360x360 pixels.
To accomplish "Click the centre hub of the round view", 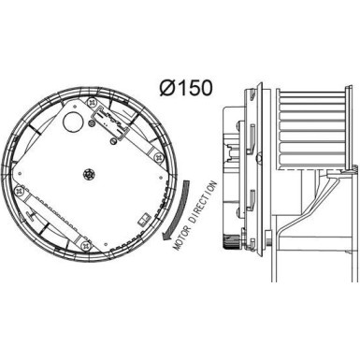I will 90,174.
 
